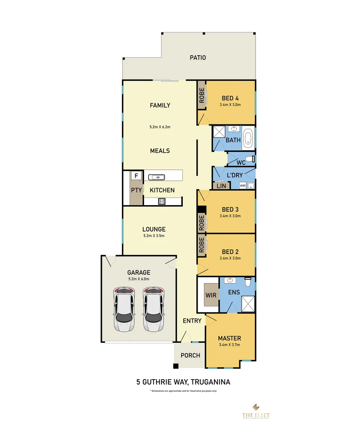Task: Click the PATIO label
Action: pyautogui.click(x=198, y=58)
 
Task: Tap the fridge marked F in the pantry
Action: pyautogui.click(x=136, y=176)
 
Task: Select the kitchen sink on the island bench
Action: pyautogui.click(x=158, y=176)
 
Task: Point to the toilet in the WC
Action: pyautogui.click(x=250, y=159)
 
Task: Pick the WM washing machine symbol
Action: pyautogui.click(x=243, y=186)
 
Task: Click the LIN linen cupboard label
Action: pyautogui.click(x=221, y=186)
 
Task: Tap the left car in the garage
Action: pyautogui.click(x=124, y=309)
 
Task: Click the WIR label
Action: pyautogui.click(x=211, y=295)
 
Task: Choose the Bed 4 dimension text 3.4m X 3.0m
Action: pyautogui.click(x=230, y=105)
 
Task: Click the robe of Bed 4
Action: pyautogui.click(x=202, y=95)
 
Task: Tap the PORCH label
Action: pyautogui.click(x=190, y=355)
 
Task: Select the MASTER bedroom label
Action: pyautogui.click(x=230, y=338)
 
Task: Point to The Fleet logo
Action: pyautogui.click(x=256, y=412)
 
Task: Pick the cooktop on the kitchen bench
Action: pyautogui.click(x=162, y=201)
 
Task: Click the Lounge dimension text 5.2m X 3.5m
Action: pyautogui.click(x=154, y=236)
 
